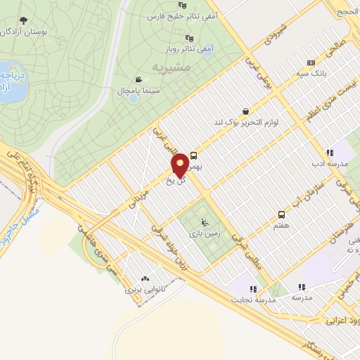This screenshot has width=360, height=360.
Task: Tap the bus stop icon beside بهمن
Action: coord(193,156)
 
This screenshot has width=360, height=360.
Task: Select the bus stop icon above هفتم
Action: coord(281,214)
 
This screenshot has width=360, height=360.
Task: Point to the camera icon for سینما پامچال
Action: coord(139,79)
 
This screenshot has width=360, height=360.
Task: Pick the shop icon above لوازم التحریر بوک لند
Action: coord(244,110)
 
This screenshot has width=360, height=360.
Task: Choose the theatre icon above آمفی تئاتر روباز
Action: coord(188,38)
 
